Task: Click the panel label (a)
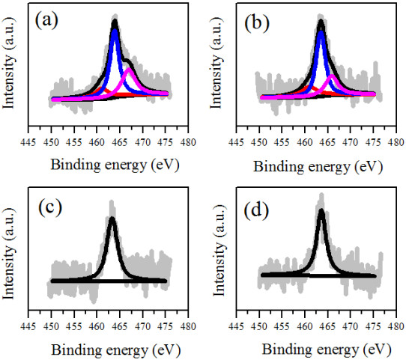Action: click(x=46, y=21)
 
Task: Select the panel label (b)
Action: click(x=257, y=24)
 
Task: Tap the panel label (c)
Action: click(x=50, y=207)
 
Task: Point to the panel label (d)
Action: click(x=256, y=211)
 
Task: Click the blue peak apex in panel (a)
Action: click(x=115, y=31)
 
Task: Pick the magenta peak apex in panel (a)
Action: click(x=129, y=70)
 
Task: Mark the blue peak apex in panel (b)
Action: click(x=321, y=33)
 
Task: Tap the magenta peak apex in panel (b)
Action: click(x=331, y=76)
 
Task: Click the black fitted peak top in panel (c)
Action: click(x=112, y=219)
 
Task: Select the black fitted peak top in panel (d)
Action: click(x=321, y=210)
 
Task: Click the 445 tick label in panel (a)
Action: click(x=28, y=142)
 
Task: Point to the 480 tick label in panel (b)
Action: click(x=396, y=142)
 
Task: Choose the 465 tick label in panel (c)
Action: click(x=120, y=326)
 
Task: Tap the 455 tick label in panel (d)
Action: click(x=282, y=326)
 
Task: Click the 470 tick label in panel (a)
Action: click(x=142, y=142)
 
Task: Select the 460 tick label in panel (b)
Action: click(x=305, y=142)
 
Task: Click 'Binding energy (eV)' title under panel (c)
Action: click(x=116, y=351)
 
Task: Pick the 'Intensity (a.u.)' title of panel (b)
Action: click(x=216, y=63)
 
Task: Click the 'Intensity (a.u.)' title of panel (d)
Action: click(x=219, y=250)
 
